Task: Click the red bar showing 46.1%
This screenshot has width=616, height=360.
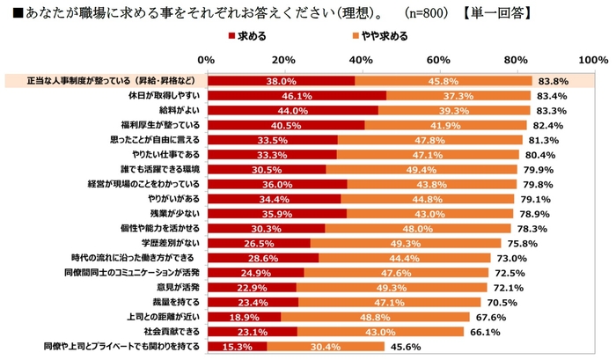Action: click(296, 95)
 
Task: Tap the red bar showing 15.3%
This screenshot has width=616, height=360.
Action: click(236, 347)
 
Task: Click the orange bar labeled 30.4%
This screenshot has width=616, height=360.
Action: click(325, 347)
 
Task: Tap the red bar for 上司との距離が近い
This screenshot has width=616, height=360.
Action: click(243, 317)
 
